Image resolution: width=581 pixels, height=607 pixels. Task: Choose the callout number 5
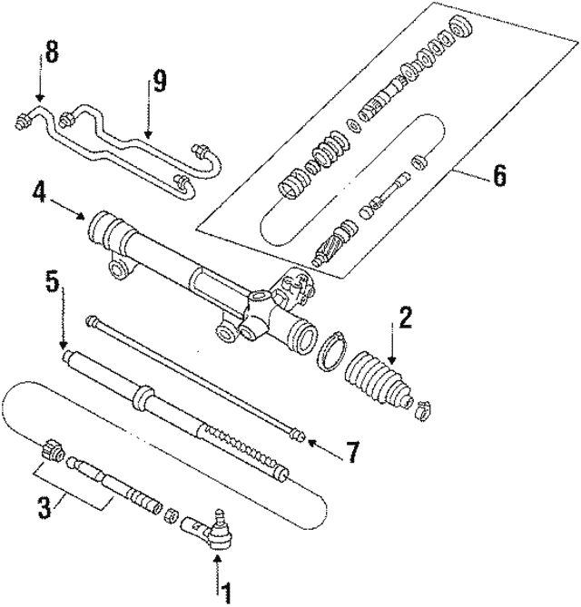53,281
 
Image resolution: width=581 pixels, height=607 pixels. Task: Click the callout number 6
499,176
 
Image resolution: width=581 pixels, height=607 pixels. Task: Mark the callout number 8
52,54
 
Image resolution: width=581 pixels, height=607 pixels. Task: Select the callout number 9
160,83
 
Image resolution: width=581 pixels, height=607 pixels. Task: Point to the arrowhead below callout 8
39,97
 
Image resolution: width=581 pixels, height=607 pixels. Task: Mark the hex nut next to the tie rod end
169,516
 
